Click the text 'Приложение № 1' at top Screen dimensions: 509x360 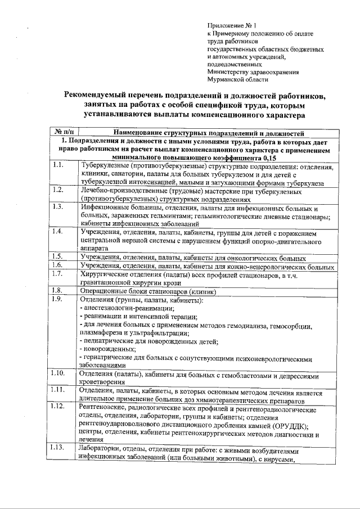tap(231, 26)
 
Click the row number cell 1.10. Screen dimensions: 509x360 tap(57, 373)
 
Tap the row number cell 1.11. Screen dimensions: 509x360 tap(57, 390)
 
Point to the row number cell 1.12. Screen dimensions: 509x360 tap(57, 406)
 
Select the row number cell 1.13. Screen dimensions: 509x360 tap(57, 448)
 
